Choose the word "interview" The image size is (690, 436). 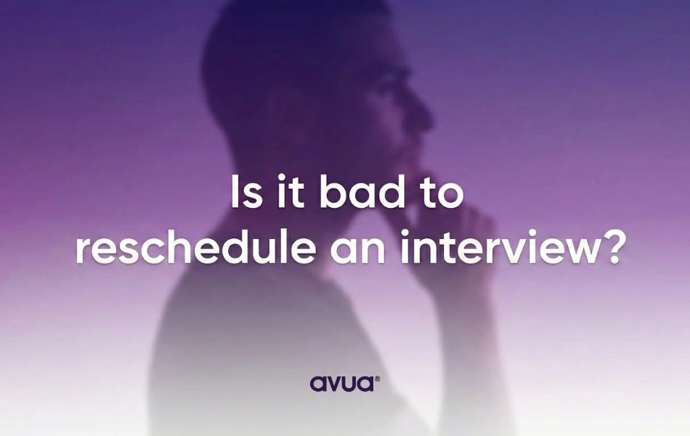(x=494, y=249)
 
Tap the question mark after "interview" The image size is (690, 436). (x=611, y=249)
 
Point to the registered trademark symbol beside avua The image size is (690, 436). (x=376, y=378)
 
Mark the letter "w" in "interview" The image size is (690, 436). (x=574, y=251)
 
